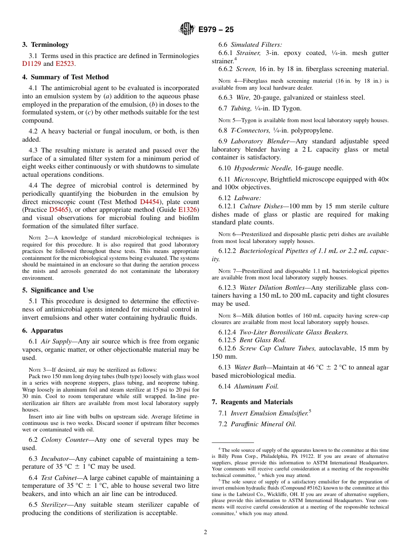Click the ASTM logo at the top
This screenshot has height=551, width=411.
pos(187,29)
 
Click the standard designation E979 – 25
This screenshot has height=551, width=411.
pos(216,29)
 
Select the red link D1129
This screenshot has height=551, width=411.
pos(31,64)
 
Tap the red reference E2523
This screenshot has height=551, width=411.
pos(65,64)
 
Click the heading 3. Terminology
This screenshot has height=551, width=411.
pos(45,45)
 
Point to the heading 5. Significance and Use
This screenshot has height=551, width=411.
pos(58,290)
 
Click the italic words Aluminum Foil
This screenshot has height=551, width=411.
pos(263,386)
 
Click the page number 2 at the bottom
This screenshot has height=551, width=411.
pos(205,532)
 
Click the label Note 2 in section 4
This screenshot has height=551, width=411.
pos(35,238)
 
